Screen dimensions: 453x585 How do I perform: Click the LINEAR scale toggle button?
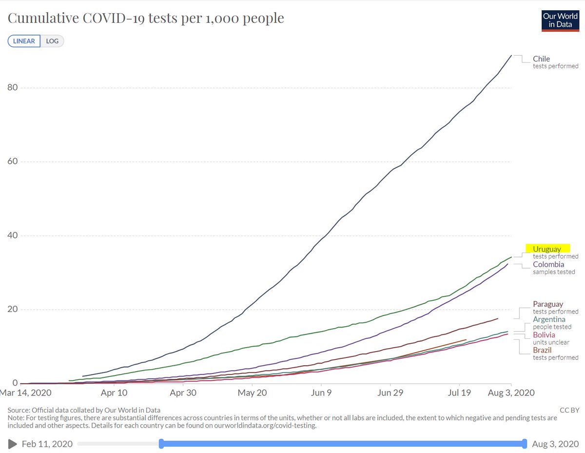[x=24, y=41]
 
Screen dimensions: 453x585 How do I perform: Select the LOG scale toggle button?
[x=52, y=41]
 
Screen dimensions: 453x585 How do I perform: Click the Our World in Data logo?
[x=561, y=20]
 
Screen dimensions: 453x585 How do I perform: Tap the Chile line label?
[x=541, y=59]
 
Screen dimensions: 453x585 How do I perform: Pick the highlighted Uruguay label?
[x=547, y=249]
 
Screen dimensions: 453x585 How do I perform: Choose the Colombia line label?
[x=548, y=264]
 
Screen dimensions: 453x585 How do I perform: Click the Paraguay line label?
[x=548, y=304]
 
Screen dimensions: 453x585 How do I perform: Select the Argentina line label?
[x=549, y=319]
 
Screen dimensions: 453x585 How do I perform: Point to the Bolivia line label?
[x=544, y=335]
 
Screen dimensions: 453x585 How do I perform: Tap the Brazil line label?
[x=543, y=350]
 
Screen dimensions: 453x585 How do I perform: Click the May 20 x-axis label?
[x=253, y=393]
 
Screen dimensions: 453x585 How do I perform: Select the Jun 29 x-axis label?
[x=391, y=393]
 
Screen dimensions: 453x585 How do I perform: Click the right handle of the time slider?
[x=525, y=443]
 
